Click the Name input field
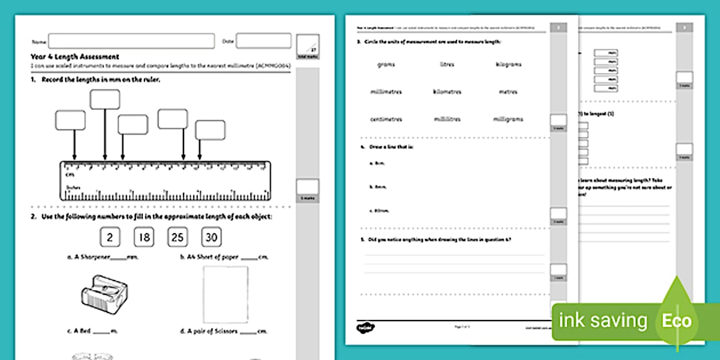pos(131,41)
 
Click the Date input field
pos(263,41)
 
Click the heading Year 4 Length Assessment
pos(75,57)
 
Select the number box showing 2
pos(109,237)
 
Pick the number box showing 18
pos(143,237)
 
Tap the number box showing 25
pos(177,237)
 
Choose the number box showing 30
pos(211,237)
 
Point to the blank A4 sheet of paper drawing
pos(226,294)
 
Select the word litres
pos(447,65)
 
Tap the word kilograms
pos(509,65)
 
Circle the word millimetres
pos(386,92)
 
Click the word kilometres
pos(447,92)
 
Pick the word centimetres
pos(386,119)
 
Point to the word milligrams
pos(508,119)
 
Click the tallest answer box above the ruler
pos(105,99)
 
